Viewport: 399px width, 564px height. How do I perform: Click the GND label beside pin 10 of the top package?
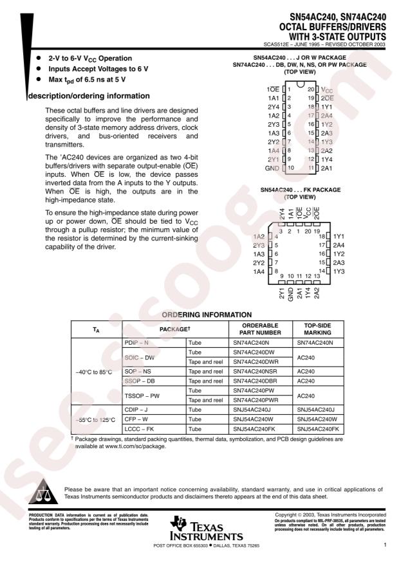pyautogui.click(x=273, y=167)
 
